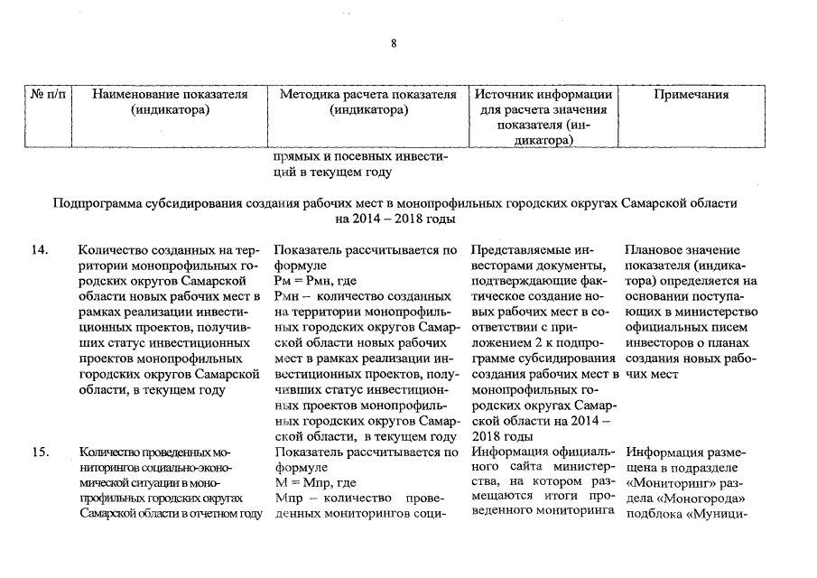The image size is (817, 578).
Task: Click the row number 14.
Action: tap(39, 250)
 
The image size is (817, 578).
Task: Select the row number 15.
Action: tap(39, 453)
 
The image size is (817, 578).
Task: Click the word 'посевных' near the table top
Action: tap(361, 155)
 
